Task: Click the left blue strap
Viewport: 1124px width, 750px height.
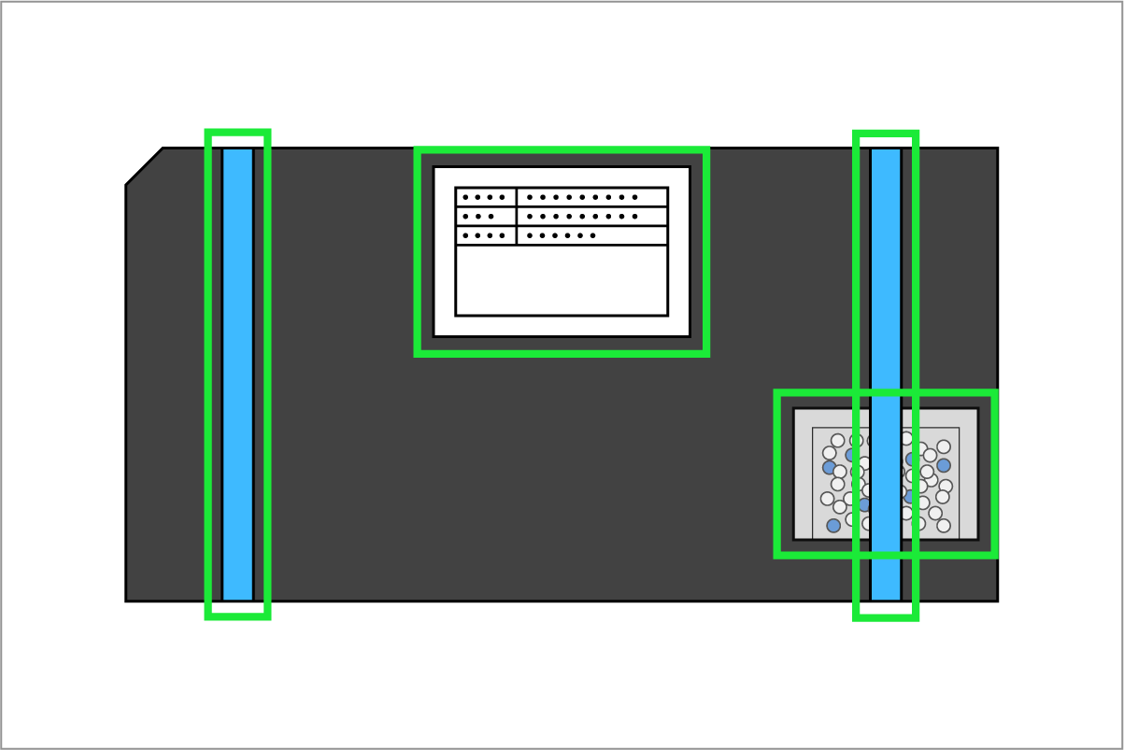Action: pyautogui.click(x=237, y=374)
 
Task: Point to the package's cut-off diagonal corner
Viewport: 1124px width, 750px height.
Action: pyautogui.click(x=144, y=165)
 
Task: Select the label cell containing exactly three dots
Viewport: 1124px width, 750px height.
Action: pyautogui.click(x=486, y=217)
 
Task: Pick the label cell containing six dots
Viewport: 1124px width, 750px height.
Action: pyautogui.click(x=591, y=235)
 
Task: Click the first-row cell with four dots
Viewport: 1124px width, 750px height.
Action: pyautogui.click(x=486, y=197)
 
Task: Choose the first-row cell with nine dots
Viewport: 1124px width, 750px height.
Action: pyautogui.click(x=591, y=197)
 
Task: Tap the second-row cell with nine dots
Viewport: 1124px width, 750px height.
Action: pyautogui.click(x=591, y=217)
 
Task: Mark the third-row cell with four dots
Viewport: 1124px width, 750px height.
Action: pyautogui.click(x=486, y=235)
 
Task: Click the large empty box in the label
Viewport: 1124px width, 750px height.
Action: pyautogui.click(x=561, y=280)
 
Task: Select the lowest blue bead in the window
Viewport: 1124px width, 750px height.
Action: pyautogui.click(x=833, y=526)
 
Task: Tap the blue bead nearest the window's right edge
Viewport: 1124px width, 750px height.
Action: pyautogui.click(x=944, y=465)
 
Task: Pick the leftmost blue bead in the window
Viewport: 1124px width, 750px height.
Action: pyautogui.click(x=829, y=467)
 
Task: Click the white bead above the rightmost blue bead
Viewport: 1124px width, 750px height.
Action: pyautogui.click(x=944, y=446)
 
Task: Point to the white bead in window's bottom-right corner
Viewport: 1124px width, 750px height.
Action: pyautogui.click(x=944, y=526)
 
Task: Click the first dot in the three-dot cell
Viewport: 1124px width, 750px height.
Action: pyautogui.click(x=465, y=217)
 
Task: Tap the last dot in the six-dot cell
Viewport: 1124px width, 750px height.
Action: pyautogui.click(x=592, y=235)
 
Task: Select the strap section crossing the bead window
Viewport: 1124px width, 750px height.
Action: pyautogui.click(x=886, y=474)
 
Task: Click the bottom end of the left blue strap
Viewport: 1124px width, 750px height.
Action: pyautogui.click(x=237, y=595)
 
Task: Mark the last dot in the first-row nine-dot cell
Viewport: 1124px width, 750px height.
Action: pyautogui.click(x=634, y=197)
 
